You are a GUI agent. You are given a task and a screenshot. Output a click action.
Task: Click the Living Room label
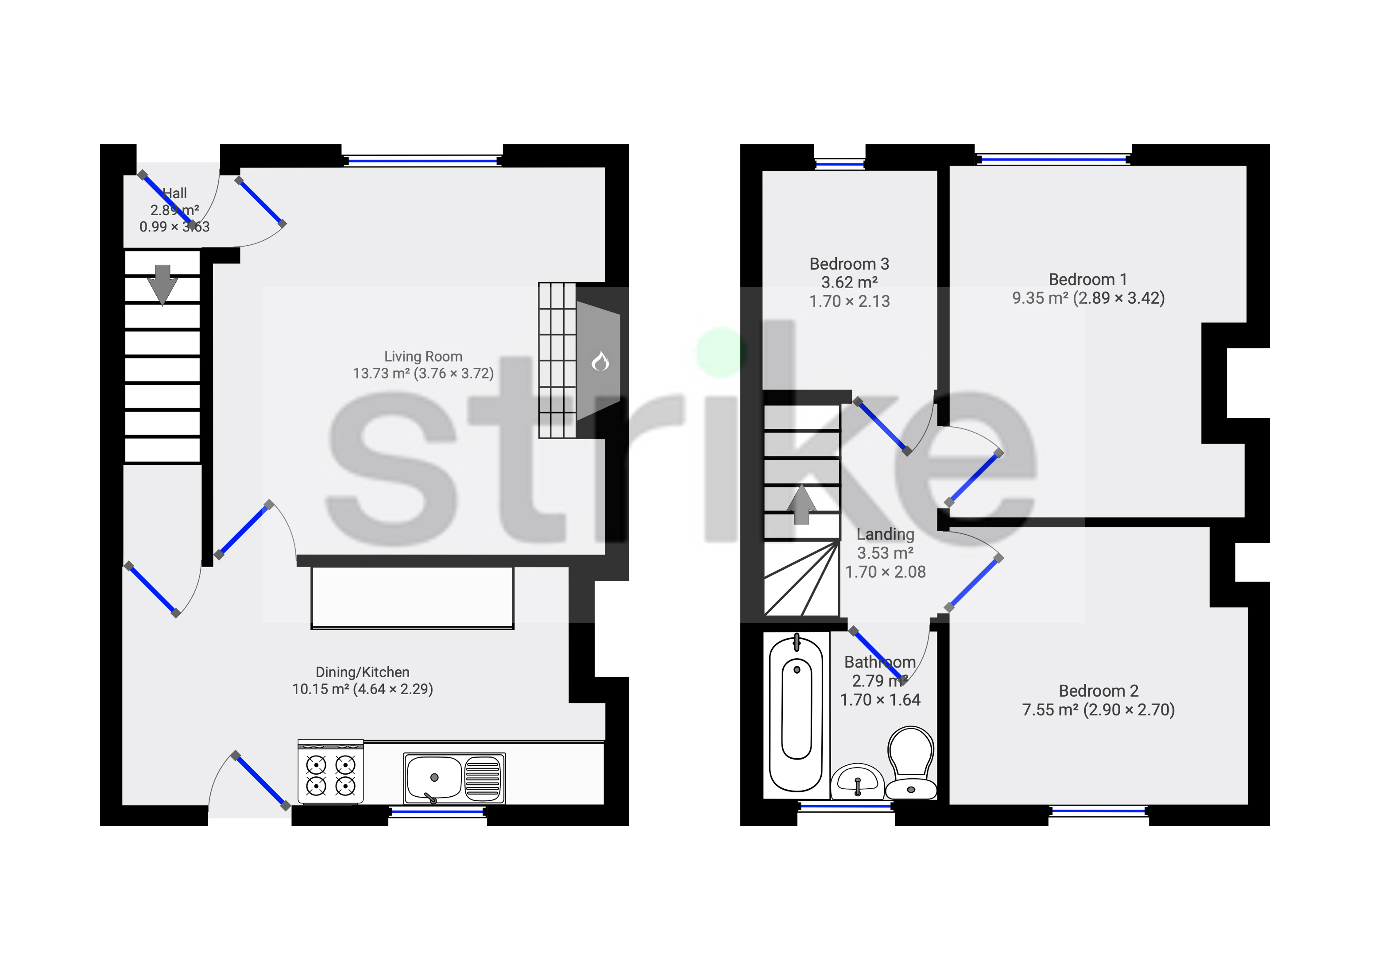(x=423, y=357)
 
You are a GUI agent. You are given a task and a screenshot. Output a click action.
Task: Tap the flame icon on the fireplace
(x=600, y=362)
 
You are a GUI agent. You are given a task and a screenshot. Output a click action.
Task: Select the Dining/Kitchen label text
(x=362, y=672)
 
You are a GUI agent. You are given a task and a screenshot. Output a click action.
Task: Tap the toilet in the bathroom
(x=911, y=761)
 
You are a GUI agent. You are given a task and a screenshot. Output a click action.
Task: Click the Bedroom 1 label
(x=1087, y=279)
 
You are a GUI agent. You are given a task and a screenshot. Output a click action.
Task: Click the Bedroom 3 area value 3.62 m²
(x=849, y=282)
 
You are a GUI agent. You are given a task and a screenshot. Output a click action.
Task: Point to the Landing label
(x=885, y=534)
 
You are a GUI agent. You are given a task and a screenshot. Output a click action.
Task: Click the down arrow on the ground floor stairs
(x=162, y=284)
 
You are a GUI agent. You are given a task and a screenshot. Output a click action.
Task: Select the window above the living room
(x=422, y=161)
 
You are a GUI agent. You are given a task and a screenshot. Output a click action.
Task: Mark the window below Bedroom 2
(x=1099, y=812)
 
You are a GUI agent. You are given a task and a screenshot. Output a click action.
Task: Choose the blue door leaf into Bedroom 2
(x=973, y=583)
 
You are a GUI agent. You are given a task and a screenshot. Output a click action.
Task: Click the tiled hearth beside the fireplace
(x=557, y=360)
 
